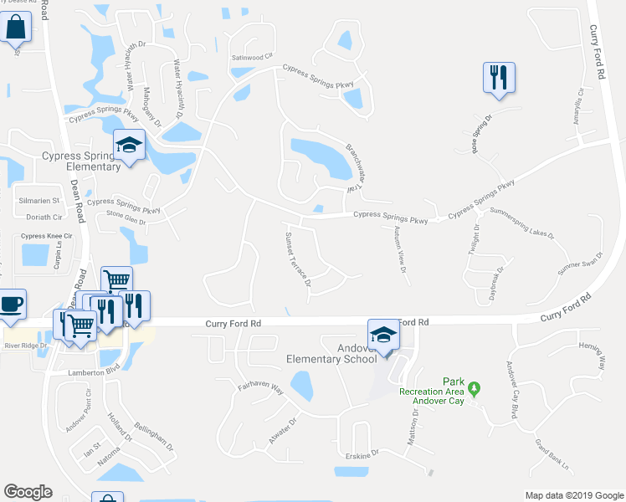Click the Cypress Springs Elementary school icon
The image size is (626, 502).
click(x=130, y=145)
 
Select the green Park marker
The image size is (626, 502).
click(x=475, y=388)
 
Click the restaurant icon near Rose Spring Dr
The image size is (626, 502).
click(x=499, y=78)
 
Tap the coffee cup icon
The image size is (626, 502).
click(x=11, y=304)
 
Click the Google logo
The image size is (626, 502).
click(x=28, y=492)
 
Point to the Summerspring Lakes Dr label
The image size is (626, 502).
click(x=522, y=223)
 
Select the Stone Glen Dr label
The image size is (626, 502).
click(x=126, y=223)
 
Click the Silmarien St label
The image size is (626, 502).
click(x=39, y=202)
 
